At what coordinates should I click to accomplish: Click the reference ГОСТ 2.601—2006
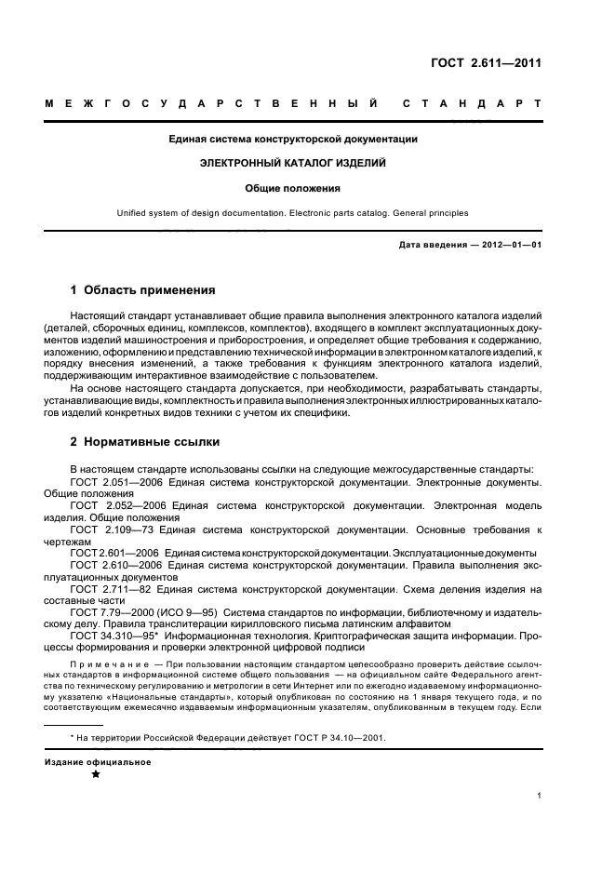click(x=115, y=553)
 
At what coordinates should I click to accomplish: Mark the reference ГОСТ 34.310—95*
click(x=119, y=637)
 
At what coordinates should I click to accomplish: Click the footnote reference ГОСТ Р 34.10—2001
click(x=336, y=737)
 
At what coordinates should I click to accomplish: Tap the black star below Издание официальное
click(x=95, y=774)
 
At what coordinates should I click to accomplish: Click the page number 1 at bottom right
click(x=540, y=796)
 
